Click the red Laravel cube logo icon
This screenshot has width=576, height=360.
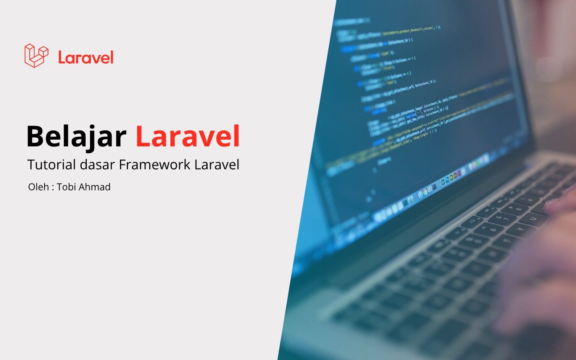click(36, 56)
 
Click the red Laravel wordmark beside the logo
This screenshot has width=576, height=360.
click(86, 58)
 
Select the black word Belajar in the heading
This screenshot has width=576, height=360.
click(76, 137)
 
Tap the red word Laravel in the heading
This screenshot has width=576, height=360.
click(188, 137)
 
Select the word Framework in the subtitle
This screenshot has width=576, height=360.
click(154, 165)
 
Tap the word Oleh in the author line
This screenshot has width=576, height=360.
click(38, 187)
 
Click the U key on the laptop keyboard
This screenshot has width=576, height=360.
click(533, 218)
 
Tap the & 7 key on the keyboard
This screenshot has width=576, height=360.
click(503, 218)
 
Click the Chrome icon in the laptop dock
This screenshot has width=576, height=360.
click(425, 192)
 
